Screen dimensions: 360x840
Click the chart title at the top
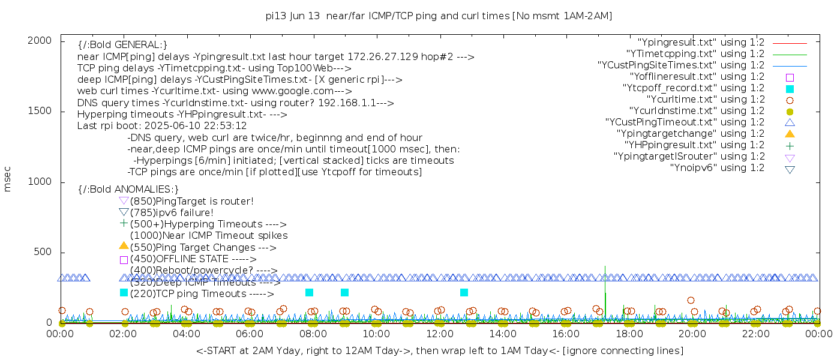(439, 16)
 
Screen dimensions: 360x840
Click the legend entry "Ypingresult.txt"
(701, 43)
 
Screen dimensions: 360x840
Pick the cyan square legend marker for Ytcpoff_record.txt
(790, 88)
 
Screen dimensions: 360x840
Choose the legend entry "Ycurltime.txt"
(705, 100)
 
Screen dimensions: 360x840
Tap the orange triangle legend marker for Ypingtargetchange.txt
(790, 133)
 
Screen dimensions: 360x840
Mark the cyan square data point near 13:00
(464, 293)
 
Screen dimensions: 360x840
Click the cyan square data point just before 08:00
(309, 293)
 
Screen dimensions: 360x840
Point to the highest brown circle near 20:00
(691, 300)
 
